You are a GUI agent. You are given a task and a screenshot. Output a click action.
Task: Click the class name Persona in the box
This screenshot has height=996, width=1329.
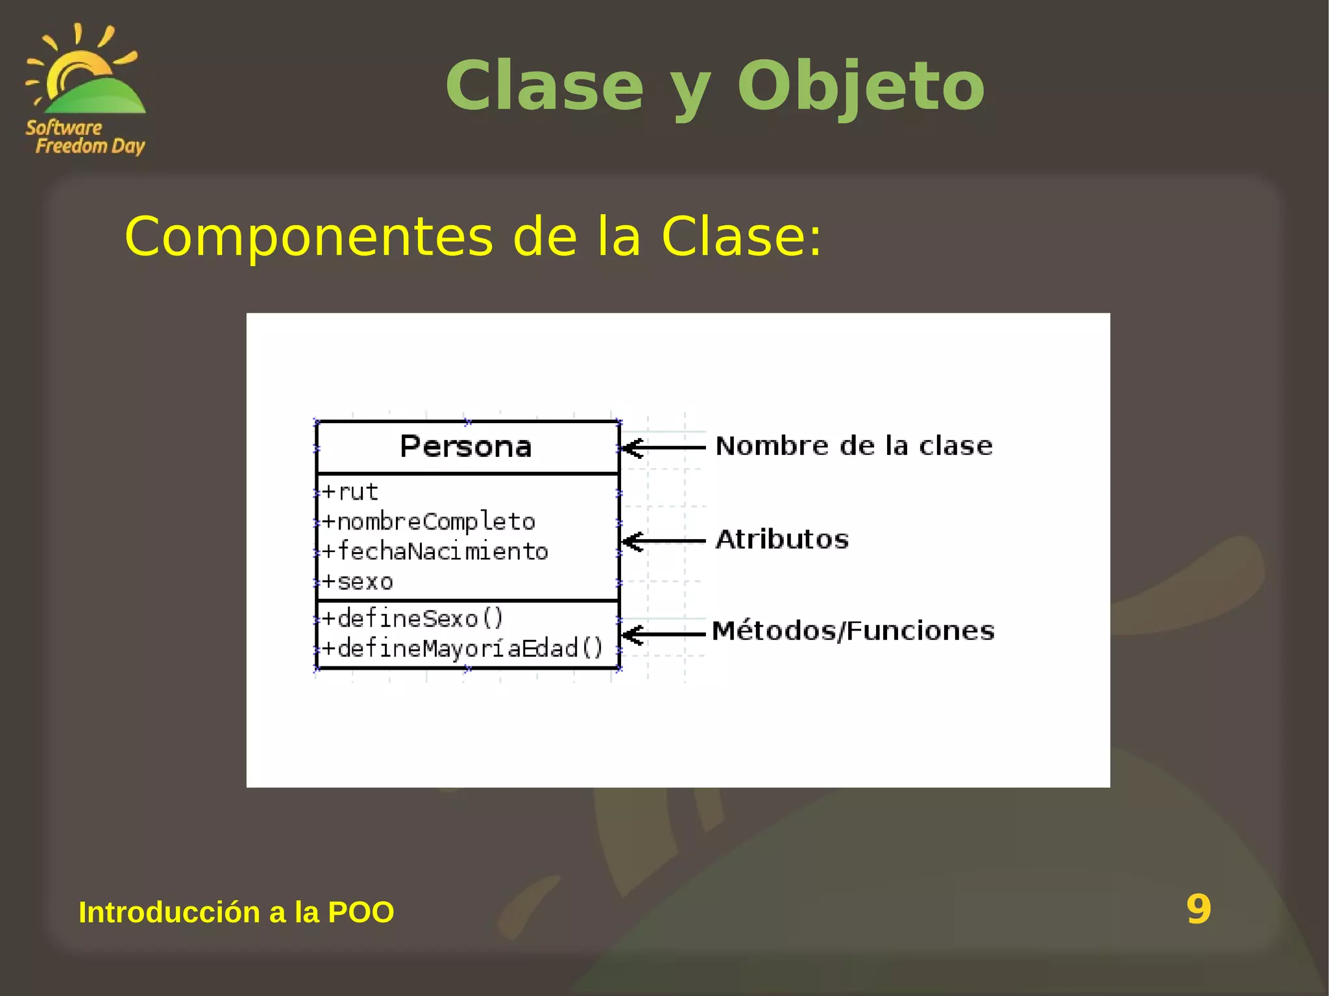(465, 447)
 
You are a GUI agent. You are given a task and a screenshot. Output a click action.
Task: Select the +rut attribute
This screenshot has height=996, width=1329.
(350, 492)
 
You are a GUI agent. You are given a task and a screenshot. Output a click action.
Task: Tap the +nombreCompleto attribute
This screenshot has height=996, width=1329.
(429, 522)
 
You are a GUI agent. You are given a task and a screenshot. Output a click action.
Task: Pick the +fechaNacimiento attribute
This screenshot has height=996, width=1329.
(435, 552)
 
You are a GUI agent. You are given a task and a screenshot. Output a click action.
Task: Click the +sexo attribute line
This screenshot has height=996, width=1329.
(358, 581)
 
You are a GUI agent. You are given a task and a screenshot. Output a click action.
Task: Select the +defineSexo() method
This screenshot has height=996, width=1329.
(412, 618)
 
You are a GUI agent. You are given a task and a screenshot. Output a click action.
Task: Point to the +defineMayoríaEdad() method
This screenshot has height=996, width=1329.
(463, 648)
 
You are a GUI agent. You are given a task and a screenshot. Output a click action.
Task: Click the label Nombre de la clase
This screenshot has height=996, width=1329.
(854, 446)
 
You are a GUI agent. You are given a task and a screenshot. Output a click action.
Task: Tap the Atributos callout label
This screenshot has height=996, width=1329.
(782, 540)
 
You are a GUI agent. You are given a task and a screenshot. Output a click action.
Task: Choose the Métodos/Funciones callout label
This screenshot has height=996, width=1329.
(853, 631)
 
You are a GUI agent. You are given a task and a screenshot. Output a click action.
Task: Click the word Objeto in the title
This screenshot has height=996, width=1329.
(860, 86)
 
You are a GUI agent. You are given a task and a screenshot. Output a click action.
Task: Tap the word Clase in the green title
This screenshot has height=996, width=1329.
(544, 86)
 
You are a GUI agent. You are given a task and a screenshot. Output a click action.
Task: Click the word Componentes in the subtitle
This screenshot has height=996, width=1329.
(309, 237)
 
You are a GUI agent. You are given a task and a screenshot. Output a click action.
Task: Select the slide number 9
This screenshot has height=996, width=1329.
(1198, 909)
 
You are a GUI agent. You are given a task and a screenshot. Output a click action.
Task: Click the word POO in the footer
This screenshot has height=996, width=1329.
(361, 912)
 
